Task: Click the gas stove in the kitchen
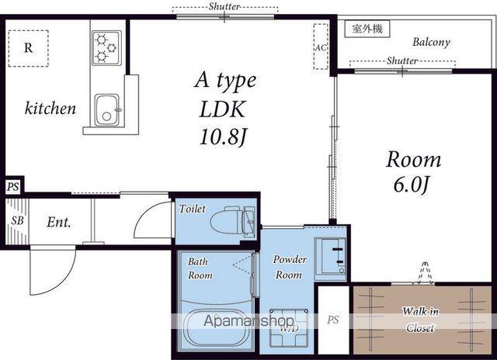pos(106,48)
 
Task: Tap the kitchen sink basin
pos(107,110)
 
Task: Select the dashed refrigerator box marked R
pos(29,48)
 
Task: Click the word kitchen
pos(50,109)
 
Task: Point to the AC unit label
pos(321,47)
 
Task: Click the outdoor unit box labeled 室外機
pos(367,29)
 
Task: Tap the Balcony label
pos(431,43)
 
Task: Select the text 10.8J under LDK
pos(223,137)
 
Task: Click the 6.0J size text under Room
pos(412,185)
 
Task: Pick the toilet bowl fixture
pos(232,220)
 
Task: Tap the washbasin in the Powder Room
pos(330,259)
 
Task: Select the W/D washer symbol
pos(289,327)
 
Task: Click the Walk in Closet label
pos(420,320)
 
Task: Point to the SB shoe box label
pos(17,220)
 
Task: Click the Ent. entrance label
pos(59,222)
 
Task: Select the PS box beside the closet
pos(333,320)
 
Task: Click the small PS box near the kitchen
pos(13,187)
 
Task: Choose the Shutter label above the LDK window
pos(224,6)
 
